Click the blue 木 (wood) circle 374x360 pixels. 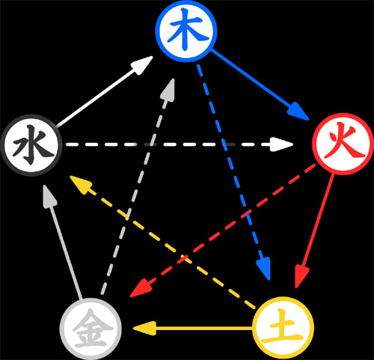186,31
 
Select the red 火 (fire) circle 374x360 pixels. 343,144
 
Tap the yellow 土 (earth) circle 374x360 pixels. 283,328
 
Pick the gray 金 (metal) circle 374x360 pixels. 91,329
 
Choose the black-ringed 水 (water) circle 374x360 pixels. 31,145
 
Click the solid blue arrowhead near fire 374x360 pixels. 298,112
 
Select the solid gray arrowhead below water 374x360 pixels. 48,196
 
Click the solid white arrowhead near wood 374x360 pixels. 142,65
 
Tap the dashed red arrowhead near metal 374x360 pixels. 141,289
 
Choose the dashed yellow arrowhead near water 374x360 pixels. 81,184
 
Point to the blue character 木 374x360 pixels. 188,28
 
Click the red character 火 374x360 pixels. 344,143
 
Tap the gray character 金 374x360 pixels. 91,329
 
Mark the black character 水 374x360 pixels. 33,145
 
